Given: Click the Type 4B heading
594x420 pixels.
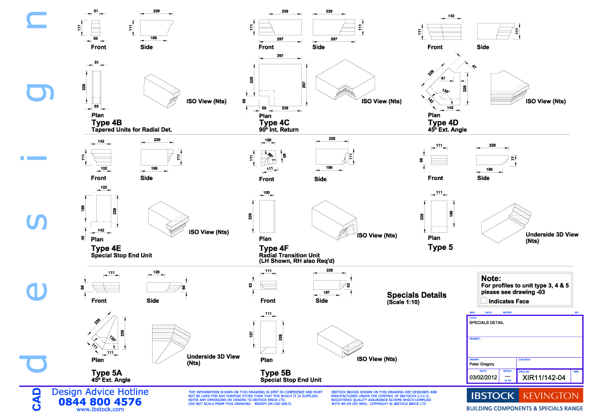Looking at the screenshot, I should point(106,123).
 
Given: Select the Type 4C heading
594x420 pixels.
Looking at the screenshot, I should point(274,123).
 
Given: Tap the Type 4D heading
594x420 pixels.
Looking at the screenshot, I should point(443,123).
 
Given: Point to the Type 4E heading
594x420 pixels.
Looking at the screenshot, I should point(106,248).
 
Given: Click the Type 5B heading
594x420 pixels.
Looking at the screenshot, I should point(275,373).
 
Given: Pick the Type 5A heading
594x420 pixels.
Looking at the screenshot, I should point(106,373).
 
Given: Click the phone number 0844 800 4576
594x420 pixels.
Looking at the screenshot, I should point(100,402).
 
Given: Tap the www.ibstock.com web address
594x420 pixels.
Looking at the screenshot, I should point(100,410).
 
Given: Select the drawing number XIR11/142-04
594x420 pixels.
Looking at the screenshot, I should point(544,378).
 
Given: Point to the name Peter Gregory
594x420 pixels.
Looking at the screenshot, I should point(482,364).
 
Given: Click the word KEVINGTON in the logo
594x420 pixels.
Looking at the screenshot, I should point(551,396).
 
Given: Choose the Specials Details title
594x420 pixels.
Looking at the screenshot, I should point(416,295).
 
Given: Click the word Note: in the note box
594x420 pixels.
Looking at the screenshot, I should point(491,278).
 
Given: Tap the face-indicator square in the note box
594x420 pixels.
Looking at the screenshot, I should point(483,301).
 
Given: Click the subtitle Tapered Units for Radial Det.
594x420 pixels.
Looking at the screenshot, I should point(131,130).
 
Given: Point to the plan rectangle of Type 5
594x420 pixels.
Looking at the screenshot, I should point(439,215).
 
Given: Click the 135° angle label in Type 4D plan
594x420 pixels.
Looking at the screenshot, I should point(445,91).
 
